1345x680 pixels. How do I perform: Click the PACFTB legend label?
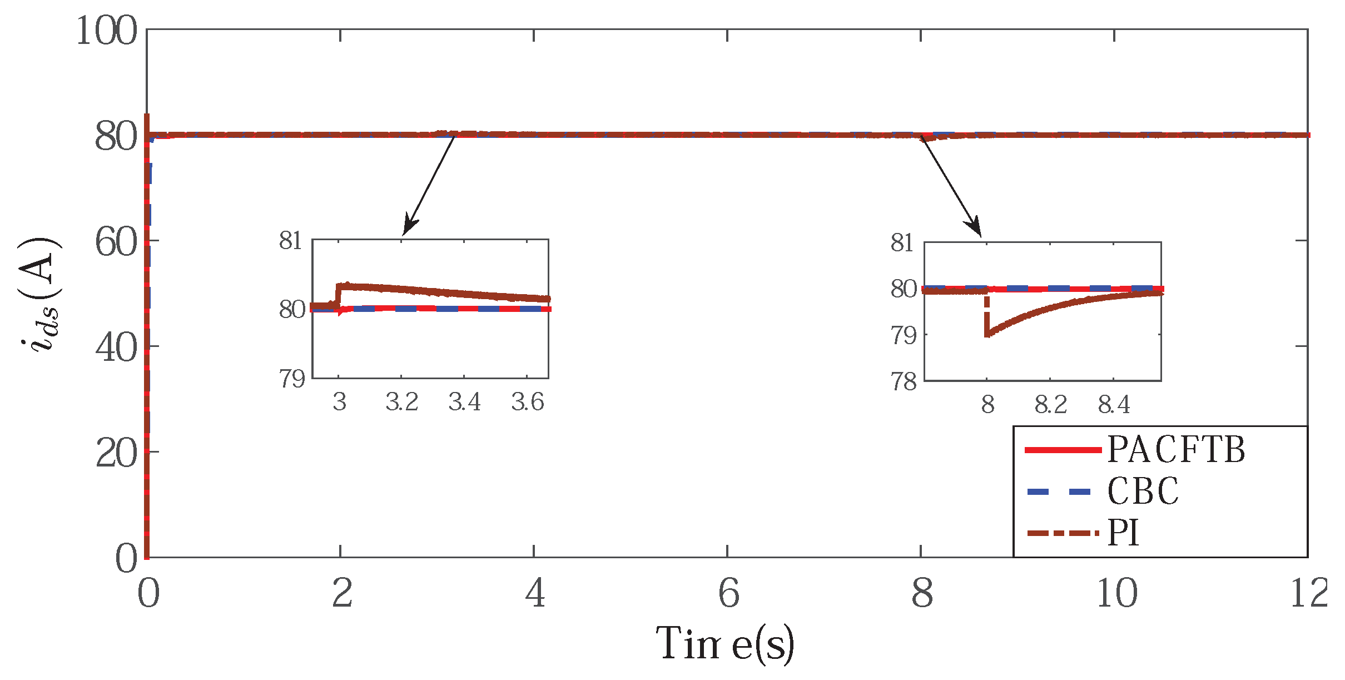(x=1175, y=449)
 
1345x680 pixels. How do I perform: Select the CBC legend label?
(x=1143, y=492)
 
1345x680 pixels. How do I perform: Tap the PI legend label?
(x=1123, y=533)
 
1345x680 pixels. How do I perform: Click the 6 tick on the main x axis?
(x=728, y=593)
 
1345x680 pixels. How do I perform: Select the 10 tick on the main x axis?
(x=1116, y=593)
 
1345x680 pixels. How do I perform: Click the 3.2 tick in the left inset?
(x=401, y=402)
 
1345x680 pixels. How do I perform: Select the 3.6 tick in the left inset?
(x=527, y=402)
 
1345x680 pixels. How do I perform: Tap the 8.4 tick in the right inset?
(x=1113, y=404)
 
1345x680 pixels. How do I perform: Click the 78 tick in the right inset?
(x=903, y=381)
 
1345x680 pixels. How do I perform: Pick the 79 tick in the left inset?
(x=292, y=379)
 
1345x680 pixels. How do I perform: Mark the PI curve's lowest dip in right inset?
(x=987, y=335)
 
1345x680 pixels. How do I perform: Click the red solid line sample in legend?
(x=1063, y=450)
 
